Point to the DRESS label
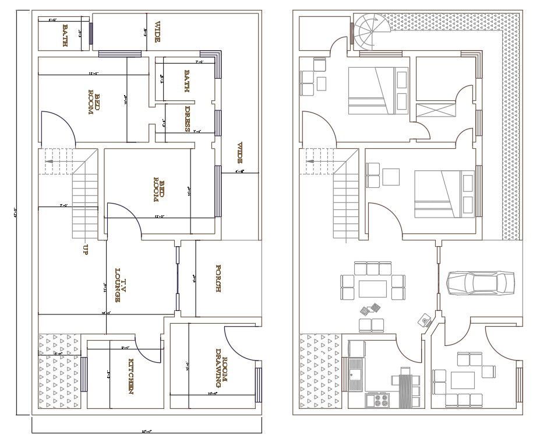(x=188, y=119)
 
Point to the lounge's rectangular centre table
(x=373, y=289)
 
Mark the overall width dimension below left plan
(x=146, y=432)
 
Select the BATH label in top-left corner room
(x=66, y=35)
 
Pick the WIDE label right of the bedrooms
(x=239, y=153)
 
